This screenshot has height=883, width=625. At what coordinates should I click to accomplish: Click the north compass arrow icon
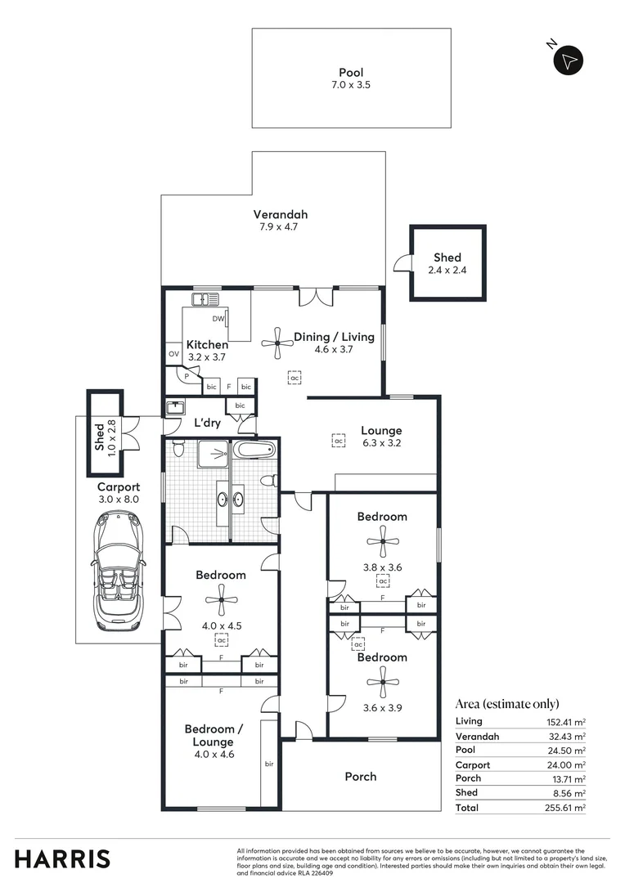569,60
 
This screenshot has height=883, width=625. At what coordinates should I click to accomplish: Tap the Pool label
351,73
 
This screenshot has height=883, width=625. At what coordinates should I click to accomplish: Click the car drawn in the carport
119,570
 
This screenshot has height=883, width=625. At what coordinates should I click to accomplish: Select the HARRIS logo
62,858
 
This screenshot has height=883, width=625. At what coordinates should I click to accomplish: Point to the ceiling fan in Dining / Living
277,343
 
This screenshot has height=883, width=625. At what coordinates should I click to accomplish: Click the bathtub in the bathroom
254,450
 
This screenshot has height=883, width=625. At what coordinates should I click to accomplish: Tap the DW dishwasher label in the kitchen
218,319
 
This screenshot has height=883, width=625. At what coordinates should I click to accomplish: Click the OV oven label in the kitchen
173,354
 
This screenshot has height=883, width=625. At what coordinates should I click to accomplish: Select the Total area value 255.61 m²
567,808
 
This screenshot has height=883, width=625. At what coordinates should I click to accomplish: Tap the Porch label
360,776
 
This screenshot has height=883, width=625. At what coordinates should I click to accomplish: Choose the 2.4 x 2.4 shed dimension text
447,270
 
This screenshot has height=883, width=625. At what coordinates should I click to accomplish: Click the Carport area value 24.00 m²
567,764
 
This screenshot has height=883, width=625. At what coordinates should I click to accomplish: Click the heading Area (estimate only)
507,704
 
